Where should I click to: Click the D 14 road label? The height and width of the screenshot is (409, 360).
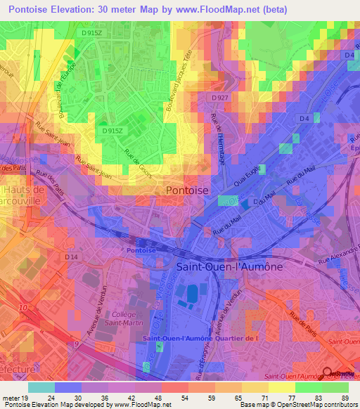pyautogui.click(x=70, y=258)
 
